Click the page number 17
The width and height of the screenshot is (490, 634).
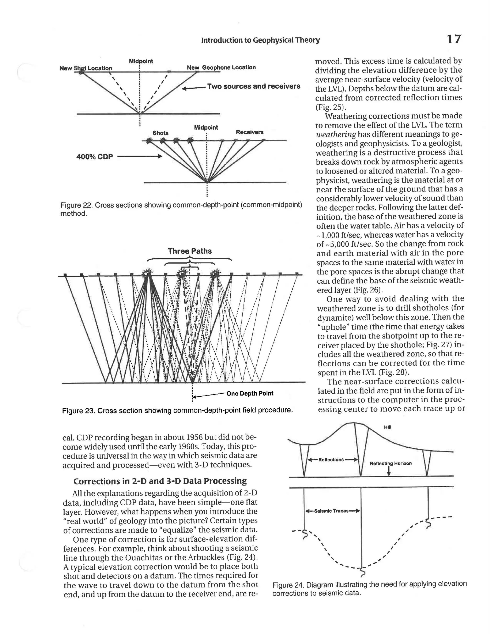[453, 39]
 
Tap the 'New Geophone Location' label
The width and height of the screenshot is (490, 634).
[221, 67]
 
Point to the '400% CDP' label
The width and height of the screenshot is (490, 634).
[94, 157]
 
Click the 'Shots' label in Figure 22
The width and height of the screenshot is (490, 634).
[161, 133]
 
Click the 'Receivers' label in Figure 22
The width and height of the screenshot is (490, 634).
[250, 132]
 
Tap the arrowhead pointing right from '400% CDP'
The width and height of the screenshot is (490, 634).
[159, 156]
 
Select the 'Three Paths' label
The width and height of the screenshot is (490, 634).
[189, 251]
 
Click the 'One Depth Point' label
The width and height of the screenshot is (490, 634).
[250, 393]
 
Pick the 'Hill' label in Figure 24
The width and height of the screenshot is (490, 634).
[388, 427]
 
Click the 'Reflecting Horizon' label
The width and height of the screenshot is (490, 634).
[391, 463]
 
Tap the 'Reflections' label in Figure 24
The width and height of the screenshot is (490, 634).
[331, 460]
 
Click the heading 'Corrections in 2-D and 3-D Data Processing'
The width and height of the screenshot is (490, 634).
[160, 481]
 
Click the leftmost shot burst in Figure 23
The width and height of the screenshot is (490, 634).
[148, 273]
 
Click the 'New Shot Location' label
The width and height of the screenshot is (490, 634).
[86, 68]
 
